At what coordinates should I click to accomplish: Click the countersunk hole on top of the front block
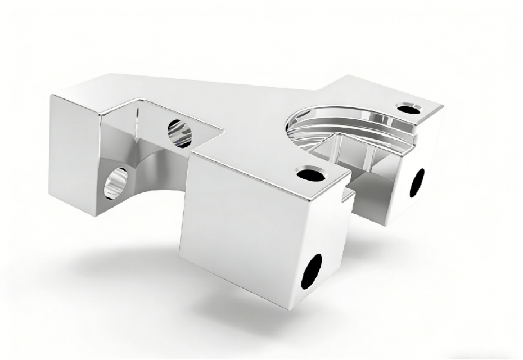pos(308,175)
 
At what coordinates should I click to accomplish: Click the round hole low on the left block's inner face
pos(116,183)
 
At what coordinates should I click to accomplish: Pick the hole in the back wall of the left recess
pos(179,133)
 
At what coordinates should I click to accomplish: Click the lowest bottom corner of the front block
pos(308,309)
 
